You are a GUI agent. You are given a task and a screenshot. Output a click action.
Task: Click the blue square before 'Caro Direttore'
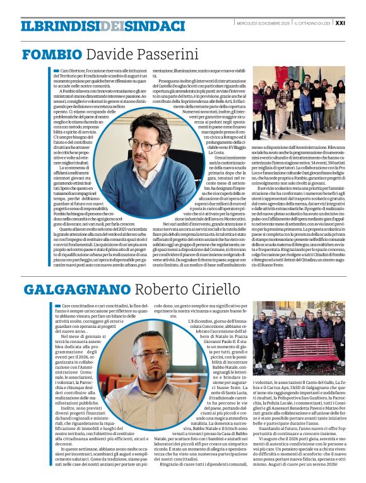(x=56, y=71)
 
